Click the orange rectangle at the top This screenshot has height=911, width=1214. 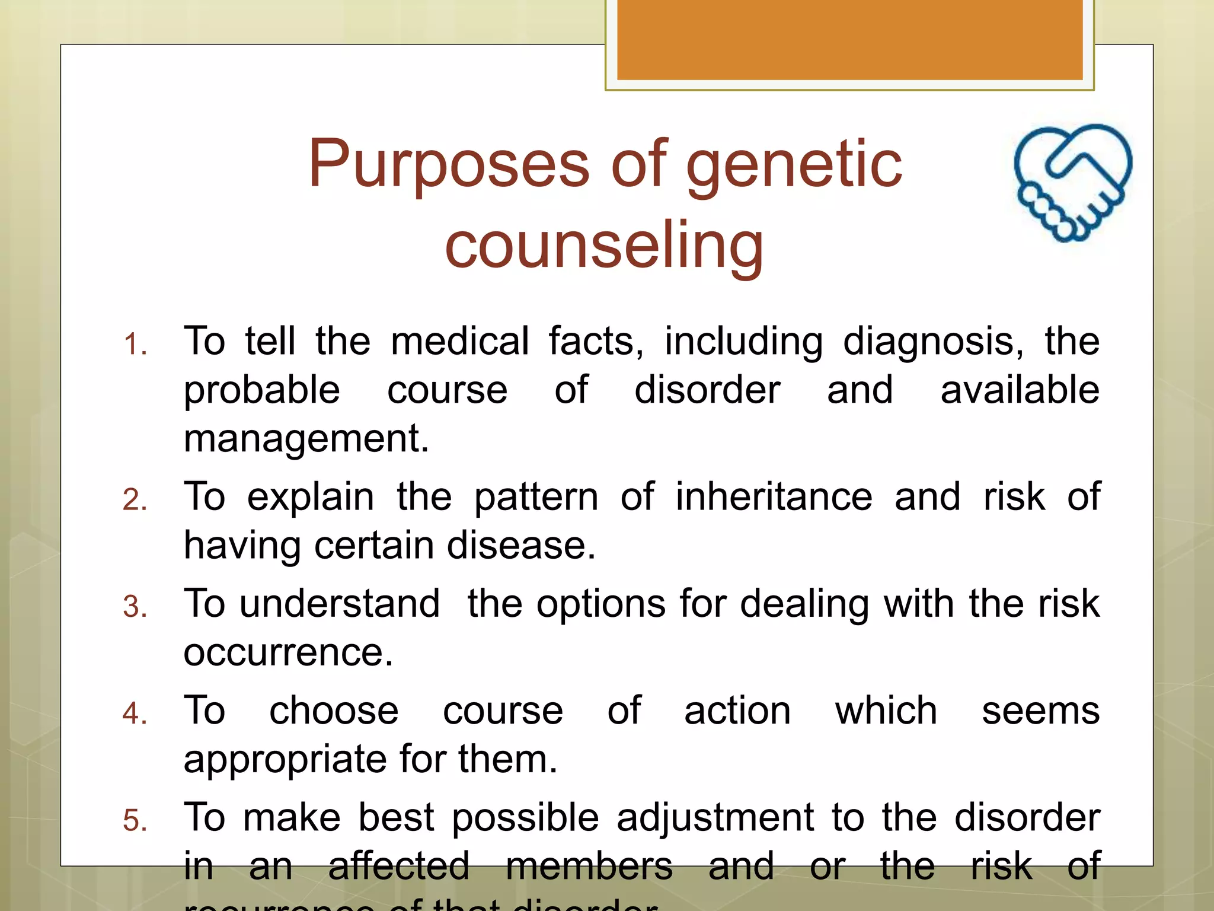pyautogui.click(x=849, y=40)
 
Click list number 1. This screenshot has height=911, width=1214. pyautogui.click(x=135, y=345)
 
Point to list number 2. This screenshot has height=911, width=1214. pyautogui.click(x=135, y=499)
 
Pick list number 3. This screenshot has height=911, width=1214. pyautogui.click(x=135, y=607)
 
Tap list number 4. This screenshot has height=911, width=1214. pyautogui.click(x=135, y=713)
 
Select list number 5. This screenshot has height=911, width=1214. pyautogui.click(x=135, y=821)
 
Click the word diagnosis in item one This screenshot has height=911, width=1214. pyautogui.click(x=932, y=343)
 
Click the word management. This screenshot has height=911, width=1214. pyautogui.click(x=306, y=439)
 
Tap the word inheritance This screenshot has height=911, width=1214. pyautogui.click(x=774, y=496)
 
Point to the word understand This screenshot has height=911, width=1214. pyautogui.click(x=340, y=604)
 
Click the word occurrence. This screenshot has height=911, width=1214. pyautogui.click(x=288, y=653)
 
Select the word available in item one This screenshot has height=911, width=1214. pyautogui.click(x=1020, y=390)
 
